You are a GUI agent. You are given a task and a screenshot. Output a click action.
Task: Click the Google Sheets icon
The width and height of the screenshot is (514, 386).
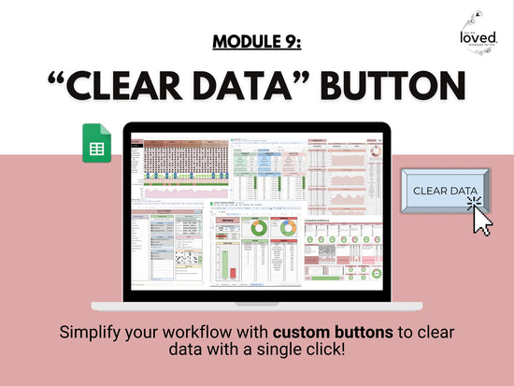97,142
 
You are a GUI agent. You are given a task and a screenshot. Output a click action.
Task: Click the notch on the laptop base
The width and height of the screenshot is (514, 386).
256,304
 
